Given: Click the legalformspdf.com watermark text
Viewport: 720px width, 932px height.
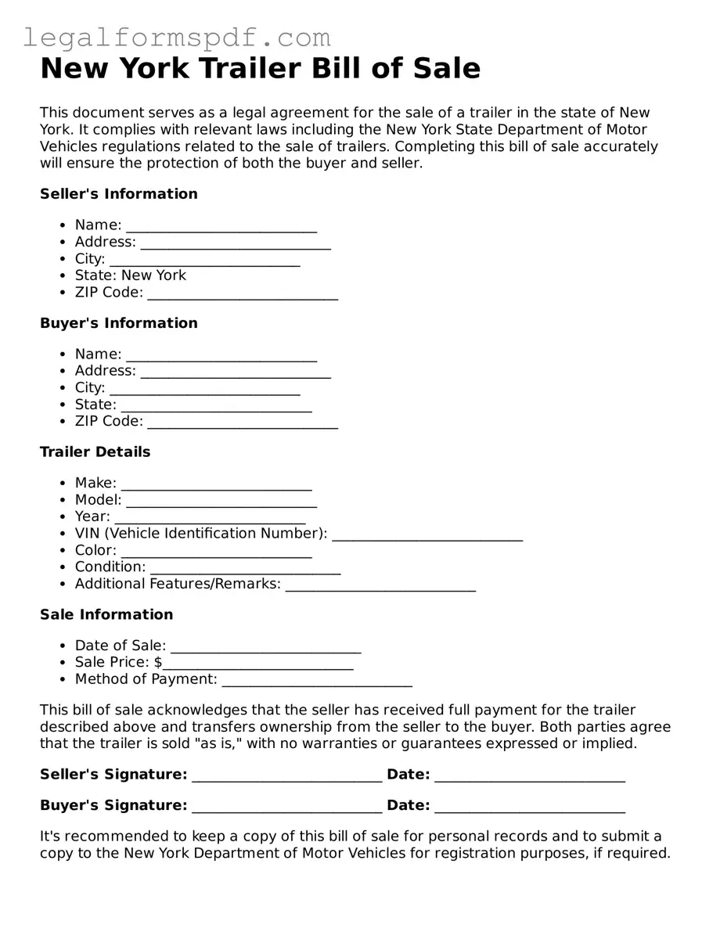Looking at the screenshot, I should point(176,37).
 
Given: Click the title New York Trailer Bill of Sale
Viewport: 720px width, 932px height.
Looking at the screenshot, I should point(260,69).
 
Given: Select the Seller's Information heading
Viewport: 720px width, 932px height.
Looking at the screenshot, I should point(119,193).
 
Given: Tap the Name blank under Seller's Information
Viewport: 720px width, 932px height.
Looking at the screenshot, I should point(221,226).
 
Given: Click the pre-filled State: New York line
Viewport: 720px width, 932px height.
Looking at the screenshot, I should point(131,275).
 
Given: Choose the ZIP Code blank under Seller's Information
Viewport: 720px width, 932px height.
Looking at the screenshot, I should point(243,293).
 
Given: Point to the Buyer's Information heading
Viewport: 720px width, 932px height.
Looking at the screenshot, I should point(119,323).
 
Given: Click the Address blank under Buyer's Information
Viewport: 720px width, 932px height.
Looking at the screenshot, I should point(236,372).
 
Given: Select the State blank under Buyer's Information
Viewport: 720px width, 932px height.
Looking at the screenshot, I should point(217,405).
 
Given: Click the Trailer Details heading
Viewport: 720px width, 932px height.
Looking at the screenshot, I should point(95,452).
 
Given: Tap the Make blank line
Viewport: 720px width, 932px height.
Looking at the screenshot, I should point(217,484).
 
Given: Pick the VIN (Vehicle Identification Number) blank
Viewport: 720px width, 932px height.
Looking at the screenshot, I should point(427,534).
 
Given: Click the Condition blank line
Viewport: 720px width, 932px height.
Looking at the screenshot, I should point(245,568).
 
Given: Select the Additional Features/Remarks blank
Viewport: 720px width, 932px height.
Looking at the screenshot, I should point(380,585).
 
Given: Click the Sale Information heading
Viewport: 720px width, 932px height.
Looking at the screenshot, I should point(106,614).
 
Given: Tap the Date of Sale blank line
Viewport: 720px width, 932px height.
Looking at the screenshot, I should point(265,646).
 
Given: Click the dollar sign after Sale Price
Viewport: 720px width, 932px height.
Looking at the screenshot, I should point(158,663).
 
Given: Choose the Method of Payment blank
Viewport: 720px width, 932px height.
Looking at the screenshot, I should point(317,680).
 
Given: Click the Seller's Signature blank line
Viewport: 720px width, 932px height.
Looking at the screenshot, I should point(287,775).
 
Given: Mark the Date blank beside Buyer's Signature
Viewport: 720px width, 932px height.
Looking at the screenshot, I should point(530,807).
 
